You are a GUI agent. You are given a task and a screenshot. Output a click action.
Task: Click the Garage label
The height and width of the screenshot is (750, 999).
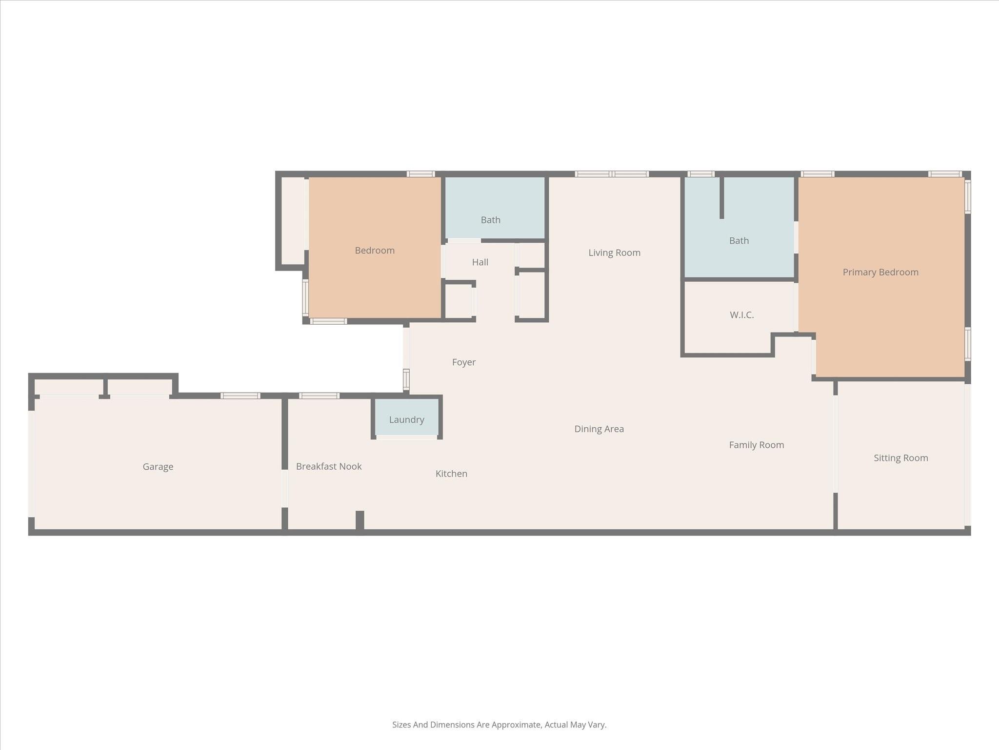coord(158,467)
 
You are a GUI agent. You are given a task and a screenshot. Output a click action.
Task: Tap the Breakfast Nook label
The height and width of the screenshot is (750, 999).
coord(329,466)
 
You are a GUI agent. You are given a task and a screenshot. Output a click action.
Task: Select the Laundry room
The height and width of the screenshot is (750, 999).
coord(406,419)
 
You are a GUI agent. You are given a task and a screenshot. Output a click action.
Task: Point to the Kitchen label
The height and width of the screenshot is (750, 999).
coord(451,474)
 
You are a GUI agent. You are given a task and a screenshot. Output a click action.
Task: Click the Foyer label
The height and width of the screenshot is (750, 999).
coord(463,362)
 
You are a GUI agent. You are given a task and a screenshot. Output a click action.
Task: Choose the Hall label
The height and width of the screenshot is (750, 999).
coord(480,262)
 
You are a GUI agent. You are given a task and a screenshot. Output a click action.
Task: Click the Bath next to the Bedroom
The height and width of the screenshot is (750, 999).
coord(490,220)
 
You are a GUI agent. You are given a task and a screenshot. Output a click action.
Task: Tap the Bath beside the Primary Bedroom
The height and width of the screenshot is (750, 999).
coord(739,241)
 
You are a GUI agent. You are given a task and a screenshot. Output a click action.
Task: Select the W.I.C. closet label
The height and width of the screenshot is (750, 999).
coord(741,315)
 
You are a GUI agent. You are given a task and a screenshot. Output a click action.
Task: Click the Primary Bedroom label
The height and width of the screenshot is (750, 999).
coord(880,272)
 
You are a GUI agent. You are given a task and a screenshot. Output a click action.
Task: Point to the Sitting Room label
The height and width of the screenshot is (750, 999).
coord(900,458)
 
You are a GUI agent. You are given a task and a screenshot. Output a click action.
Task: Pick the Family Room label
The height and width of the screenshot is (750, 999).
coord(756,445)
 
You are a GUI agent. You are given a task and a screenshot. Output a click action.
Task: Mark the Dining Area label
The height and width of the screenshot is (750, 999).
coord(599,429)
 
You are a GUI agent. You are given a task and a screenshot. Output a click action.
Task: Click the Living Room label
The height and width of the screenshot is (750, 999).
coord(614,252)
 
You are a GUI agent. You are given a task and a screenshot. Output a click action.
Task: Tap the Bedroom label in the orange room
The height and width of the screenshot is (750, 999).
coord(375,250)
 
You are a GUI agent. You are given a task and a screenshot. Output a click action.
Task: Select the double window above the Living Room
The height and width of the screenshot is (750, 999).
coord(612,174)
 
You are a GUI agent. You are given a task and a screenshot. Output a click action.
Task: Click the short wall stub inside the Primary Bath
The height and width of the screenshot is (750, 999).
coord(721,198)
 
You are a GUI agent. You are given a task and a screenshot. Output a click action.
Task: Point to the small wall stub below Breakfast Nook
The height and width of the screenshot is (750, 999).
coord(360,521)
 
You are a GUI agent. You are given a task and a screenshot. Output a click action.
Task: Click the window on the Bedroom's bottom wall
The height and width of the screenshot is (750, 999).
coord(328,321)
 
